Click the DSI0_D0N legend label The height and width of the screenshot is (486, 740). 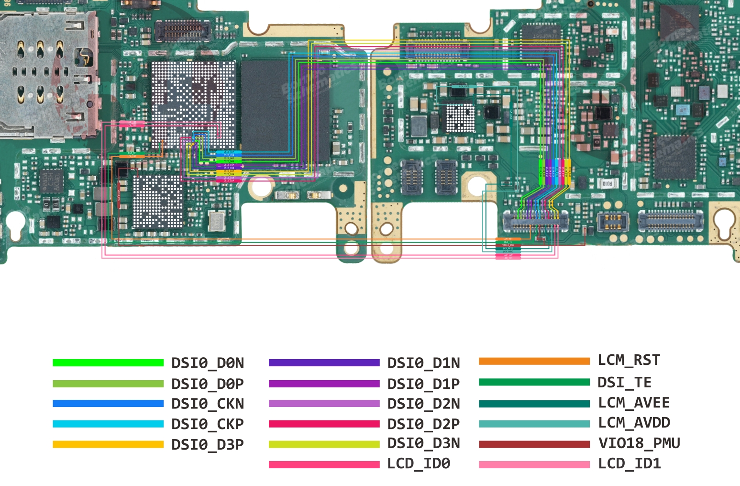[208, 363]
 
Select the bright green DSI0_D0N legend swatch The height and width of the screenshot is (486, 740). [108, 363]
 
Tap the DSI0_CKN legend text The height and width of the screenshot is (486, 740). [208, 404]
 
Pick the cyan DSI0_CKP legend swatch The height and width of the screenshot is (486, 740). [108, 424]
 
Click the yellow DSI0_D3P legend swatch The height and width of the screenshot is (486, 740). [108, 444]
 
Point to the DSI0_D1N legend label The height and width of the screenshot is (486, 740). [423, 363]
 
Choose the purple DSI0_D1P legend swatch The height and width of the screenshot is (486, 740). [324, 384]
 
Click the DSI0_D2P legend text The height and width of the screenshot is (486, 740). [423, 424]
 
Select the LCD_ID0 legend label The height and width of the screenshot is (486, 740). [419, 463]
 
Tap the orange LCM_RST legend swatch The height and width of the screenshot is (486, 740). [534, 361]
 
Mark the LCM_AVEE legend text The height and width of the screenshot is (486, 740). [634, 403]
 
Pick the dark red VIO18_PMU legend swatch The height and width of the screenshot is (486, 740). [534, 444]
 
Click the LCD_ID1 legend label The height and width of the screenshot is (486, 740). [630, 463]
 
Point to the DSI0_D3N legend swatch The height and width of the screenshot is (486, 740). [324, 444]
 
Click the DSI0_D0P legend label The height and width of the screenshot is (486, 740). [208, 384]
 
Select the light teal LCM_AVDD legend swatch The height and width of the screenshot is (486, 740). [534, 424]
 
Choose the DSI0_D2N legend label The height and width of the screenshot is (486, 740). [423, 404]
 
